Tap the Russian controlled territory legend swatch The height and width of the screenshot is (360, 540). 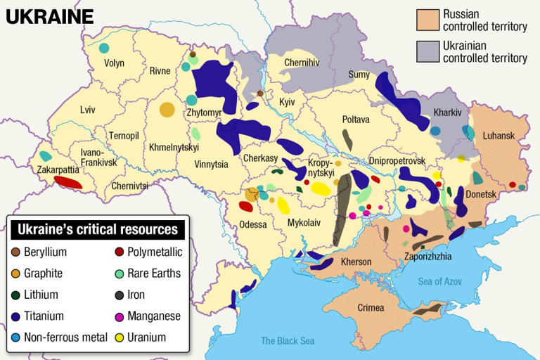tap(427, 20)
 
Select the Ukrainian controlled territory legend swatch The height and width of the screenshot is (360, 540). tap(427, 51)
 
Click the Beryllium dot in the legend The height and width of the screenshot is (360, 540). tap(15, 252)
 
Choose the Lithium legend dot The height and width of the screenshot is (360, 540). tap(15, 295)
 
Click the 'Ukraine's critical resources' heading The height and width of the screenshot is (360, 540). tap(97, 229)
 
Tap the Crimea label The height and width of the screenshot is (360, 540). tap(371, 308)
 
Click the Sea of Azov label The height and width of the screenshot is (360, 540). tap(440, 281)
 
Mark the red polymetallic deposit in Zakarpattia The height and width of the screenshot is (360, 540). tap(68, 183)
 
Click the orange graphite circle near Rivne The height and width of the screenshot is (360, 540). tap(167, 110)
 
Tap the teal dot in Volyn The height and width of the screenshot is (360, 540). tap(104, 48)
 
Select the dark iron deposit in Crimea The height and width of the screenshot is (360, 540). tap(426, 309)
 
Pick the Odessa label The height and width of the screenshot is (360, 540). tap(253, 224)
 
